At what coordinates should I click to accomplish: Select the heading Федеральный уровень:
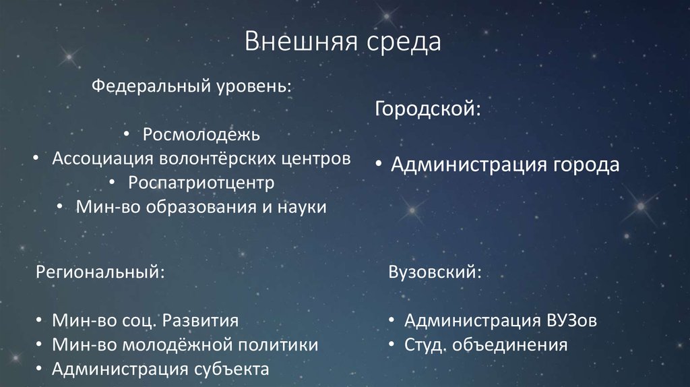(x=192, y=87)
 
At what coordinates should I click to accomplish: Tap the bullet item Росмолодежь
(x=201, y=134)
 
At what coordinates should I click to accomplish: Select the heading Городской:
(x=428, y=109)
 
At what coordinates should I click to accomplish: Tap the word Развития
(x=199, y=320)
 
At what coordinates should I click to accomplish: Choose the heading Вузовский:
(x=435, y=272)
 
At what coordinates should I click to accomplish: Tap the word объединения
(x=510, y=346)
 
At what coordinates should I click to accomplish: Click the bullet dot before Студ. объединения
(x=392, y=346)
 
